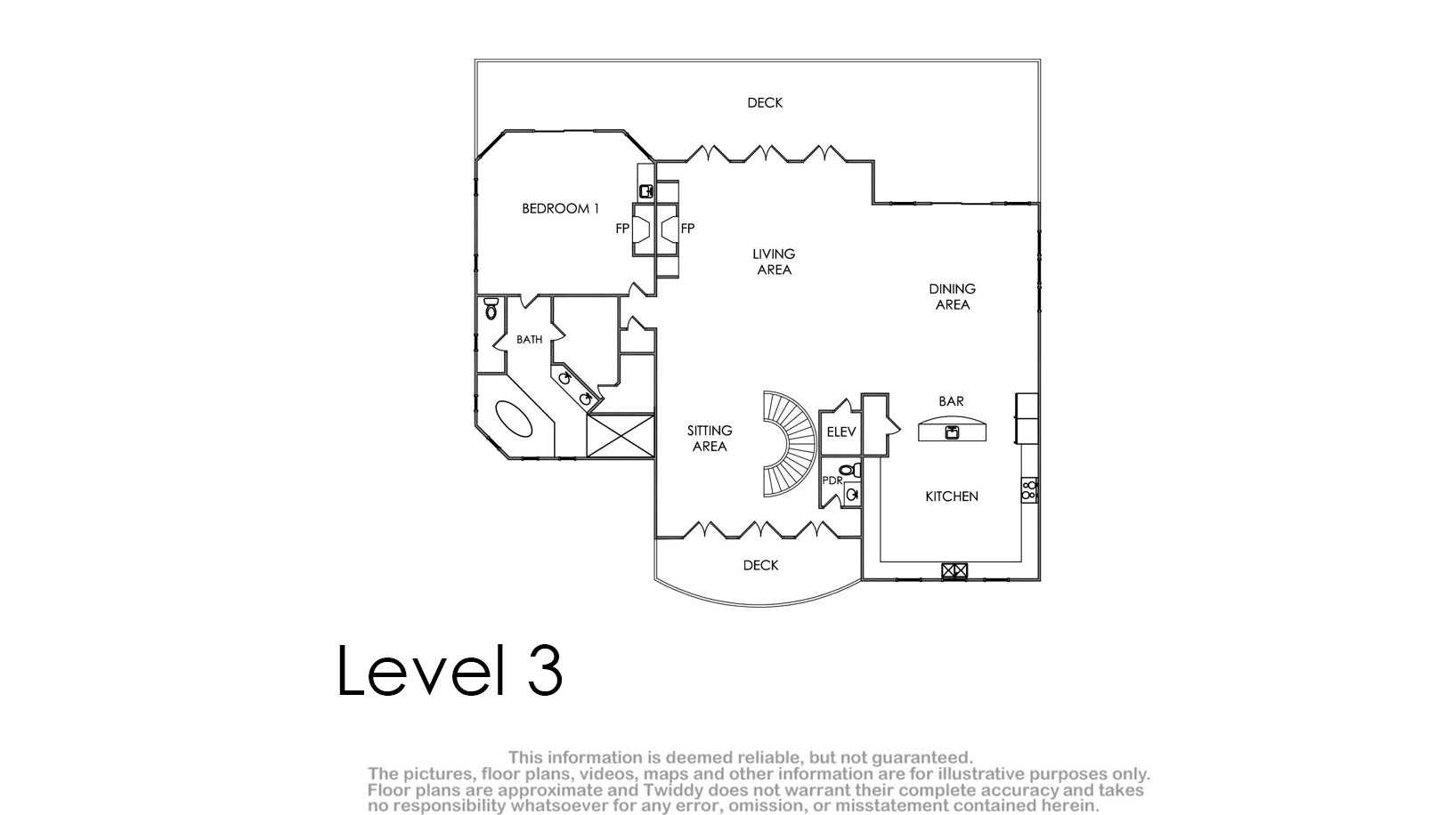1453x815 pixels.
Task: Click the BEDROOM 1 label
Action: click(x=560, y=209)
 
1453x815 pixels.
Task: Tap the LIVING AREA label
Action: click(x=774, y=262)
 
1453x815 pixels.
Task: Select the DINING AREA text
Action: click(x=953, y=297)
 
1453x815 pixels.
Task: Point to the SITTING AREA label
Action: click(x=710, y=439)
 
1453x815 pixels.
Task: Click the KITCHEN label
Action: click(x=952, y=496)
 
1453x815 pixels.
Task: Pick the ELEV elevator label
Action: click(x=841, y=432)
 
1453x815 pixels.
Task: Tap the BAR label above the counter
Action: click(x=952, y=401)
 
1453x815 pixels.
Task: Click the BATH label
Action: click(x=530, y=339)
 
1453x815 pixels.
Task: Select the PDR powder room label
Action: click(x=832, y=480)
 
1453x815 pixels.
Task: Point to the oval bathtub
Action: click(x=514, y=419)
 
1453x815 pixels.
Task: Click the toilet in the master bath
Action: click(x=491, y=309)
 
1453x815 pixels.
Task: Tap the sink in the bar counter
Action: click(x=952, y=432)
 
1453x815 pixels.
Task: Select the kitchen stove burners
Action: click(x=1029, y=490)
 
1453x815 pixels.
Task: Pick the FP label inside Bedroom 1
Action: click(x=622, y=229)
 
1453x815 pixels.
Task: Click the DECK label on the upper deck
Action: click(x=765, y=103)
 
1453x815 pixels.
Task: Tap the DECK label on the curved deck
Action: click(x=760, y=565)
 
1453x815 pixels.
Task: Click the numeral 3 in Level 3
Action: click(x=545, y=670)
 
